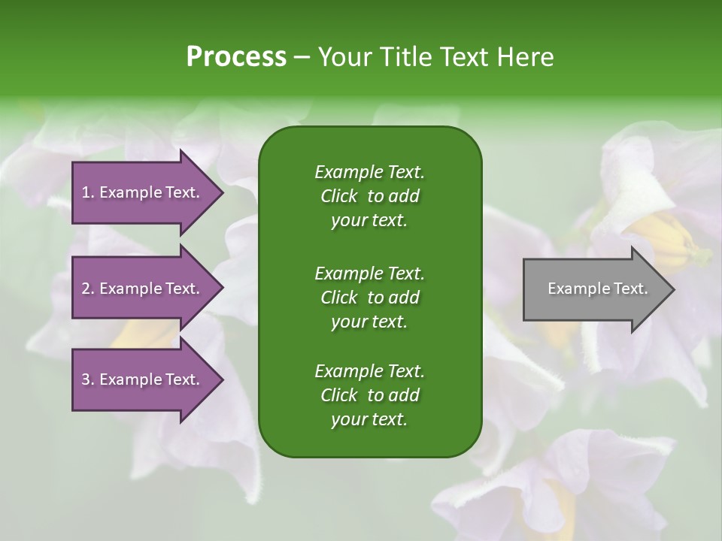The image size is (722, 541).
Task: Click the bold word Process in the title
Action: coord(236,56)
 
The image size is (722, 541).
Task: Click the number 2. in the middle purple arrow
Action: coord(88,289)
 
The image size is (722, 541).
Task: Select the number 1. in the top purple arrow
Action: coord(88,192)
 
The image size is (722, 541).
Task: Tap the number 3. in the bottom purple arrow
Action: coord(88,379)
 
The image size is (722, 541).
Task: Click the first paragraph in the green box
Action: coord(369,196)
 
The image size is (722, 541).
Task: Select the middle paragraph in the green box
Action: coord(369,297)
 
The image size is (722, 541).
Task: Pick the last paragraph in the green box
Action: coord(369,395)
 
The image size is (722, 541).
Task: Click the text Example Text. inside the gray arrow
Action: coord(597,289)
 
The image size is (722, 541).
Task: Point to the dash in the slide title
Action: coord(302,57)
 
